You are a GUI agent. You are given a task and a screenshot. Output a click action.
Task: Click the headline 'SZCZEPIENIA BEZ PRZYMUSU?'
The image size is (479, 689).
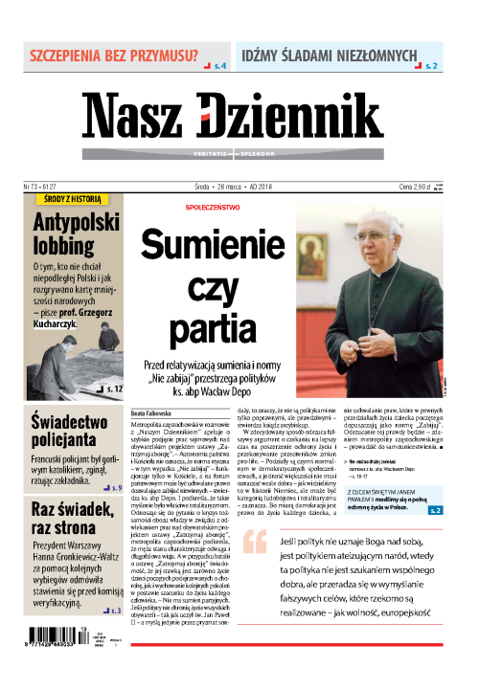coord(108,56)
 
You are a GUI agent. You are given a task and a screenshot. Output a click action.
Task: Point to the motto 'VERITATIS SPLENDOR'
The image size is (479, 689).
coord(239,154)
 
